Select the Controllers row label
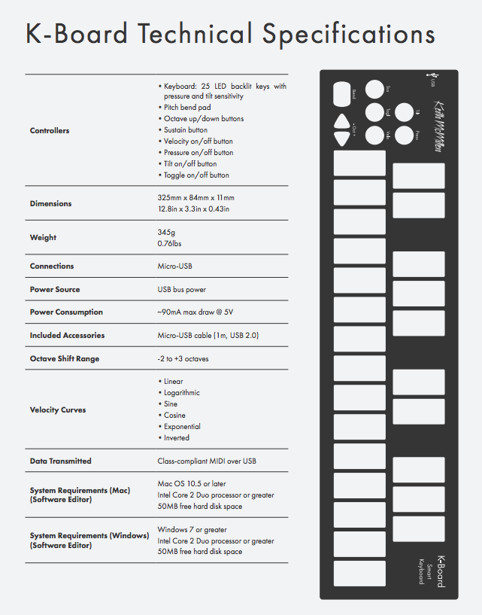[x=50, y=131]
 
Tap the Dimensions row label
[x=51, y=204]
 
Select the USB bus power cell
[x=181, y=290]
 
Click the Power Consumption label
[x=66, y=312]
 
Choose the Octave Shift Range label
[x=65, y=359]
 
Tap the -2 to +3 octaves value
[x=183, y=359]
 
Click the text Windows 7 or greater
[x=192, y=530]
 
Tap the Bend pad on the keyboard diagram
[x=341, y=93]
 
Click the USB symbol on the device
[x=432, y=76]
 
